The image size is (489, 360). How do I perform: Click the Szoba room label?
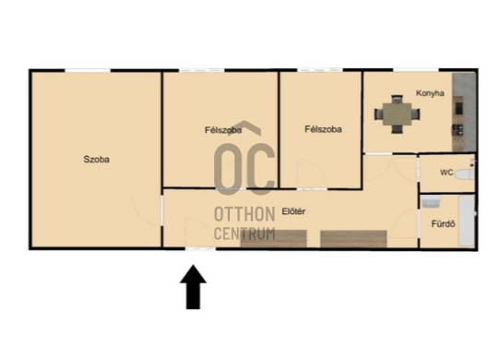[x=96, y=160]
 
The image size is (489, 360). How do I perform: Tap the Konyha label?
[x=430, y=93]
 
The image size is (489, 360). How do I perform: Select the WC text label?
[x=447, y=173]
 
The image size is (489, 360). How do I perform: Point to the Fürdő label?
[x=443, y=223]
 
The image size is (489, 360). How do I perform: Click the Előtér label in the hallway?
[x=293, y=211]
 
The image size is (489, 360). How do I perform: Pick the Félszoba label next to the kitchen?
[x=323, y=129]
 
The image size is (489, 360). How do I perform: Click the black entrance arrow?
[x=193, y=287]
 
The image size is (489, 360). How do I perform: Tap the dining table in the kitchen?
[x=397, y=114]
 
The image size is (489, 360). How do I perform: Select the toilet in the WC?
[x=464, y=174]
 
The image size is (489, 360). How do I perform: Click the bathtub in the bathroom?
[x=467, y=221]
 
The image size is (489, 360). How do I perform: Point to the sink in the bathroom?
[x=431, y=202]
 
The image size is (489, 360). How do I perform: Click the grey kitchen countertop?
[x=464, y=112]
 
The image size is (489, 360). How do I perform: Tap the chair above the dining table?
[x=397, y=99]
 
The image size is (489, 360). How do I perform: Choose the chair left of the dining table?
[x=378, y=114]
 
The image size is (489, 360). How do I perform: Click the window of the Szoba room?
[x=88, y=70]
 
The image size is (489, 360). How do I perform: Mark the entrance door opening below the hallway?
[x=200, y=248]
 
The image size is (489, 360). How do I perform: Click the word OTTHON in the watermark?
[x=244, y=214]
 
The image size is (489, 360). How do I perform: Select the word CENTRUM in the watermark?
[x=244, y=234]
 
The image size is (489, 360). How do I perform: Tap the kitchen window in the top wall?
[x=416, y=70]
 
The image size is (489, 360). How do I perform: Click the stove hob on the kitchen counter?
[x=458, y=130]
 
